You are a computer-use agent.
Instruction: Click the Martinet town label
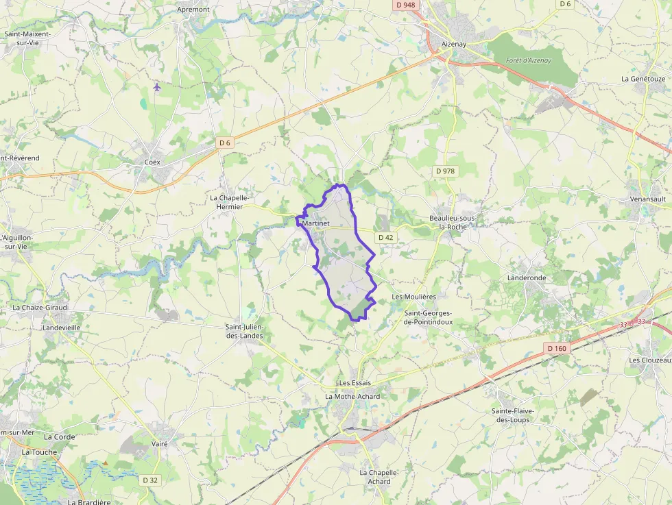pos(315,223)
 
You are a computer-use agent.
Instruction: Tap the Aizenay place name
pos(454,44)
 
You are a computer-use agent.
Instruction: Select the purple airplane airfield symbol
pos(157,87)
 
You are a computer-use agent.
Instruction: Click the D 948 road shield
pos(405,5)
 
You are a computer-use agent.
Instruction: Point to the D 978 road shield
pos(445,171)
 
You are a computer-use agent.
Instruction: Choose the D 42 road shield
pos(386,237)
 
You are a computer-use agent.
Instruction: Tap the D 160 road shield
pos(557,348)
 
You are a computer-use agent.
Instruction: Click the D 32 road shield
pos(150,480)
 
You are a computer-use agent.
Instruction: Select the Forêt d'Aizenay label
pos(528,60)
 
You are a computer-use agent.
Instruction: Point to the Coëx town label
pos(152,162)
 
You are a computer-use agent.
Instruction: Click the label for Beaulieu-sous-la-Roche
pos(453,222)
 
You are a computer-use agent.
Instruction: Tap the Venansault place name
pos(647,199)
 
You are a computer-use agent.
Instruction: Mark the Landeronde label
pos(527,278)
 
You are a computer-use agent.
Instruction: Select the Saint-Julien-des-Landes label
pos(244,331)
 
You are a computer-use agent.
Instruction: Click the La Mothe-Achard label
pos(352,396)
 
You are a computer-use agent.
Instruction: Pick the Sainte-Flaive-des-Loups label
pos(512,415)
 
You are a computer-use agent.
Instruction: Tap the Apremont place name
pos(193,9)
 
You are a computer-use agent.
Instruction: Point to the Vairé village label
pos(159,443)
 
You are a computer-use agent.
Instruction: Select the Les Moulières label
pos(413,297)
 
